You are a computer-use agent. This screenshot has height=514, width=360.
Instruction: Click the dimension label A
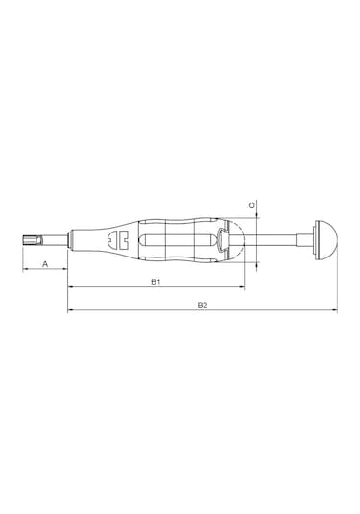[45, 263]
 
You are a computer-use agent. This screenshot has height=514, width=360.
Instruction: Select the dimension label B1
[156, 281]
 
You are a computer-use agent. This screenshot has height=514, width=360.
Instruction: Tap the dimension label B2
[203, 306]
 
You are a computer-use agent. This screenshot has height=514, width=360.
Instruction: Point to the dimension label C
[252, 206]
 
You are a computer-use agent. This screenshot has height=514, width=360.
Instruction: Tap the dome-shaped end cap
[328, 240]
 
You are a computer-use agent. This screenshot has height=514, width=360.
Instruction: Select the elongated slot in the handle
[178, 240]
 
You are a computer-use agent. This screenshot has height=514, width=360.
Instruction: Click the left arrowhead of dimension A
[25, 269]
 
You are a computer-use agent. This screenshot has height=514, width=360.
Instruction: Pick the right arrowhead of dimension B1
[243, 287]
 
